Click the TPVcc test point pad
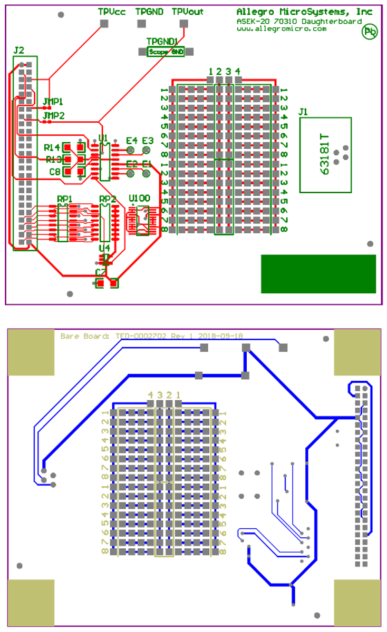(104, 23)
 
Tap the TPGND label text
(149, 12)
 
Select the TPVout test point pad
(183, 23)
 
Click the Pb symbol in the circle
(370, 32)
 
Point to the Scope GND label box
(166, 52)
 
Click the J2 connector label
(18, 51)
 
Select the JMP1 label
(53, 101)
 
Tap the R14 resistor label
(52, 147)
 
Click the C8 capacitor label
(55, 172)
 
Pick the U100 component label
(140, 199)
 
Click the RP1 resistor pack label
(65, 199)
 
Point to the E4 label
(131, 141)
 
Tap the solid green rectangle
(318, 274)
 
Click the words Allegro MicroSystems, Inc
(304, 12)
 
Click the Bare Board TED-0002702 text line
(152, 335)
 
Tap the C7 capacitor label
(100, 272)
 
